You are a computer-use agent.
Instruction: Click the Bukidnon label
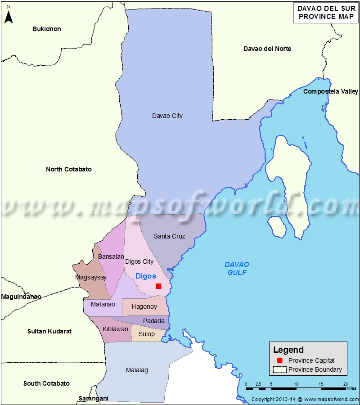point(46,29)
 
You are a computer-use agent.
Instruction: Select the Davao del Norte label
point(267,49)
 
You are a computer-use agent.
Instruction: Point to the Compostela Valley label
point(330,91)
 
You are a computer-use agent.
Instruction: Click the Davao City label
point(167,116)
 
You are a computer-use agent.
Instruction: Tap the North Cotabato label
point(68,169)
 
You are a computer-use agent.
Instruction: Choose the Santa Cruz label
point(169,236)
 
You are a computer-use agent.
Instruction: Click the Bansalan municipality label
point(111,256)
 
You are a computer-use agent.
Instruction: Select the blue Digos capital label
point(146,276)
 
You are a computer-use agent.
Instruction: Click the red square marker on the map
point(158,286)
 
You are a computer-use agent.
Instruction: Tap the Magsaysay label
point(91,277)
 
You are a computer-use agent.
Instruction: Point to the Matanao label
point(103,304)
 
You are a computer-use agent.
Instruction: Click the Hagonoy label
point(144,306)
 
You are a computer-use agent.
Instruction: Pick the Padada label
point(153,321)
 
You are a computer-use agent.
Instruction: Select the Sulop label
point(146,334)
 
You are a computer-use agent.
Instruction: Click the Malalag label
point(137,370)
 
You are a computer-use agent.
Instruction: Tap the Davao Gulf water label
point(237,268)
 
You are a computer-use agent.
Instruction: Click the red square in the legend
point(279,360)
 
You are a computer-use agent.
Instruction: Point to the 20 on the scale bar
point(346,383)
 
